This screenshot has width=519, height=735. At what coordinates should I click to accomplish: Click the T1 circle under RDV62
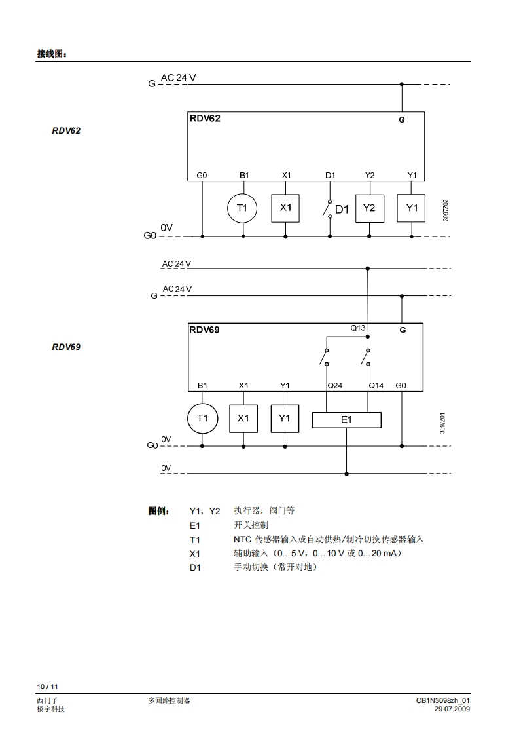click(x=243, y=208)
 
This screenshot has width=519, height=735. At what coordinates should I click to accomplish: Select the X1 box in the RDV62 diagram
click(x=285, y=208)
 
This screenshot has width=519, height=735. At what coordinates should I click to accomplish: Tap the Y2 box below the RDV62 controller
click(x=370, y=208)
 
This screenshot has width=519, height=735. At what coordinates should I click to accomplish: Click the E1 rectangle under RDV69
click(x=346, y=420)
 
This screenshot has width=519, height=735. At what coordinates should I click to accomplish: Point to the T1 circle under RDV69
click(x=202, y=418)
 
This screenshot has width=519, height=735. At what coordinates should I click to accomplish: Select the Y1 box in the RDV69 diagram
click(x=285, y=418)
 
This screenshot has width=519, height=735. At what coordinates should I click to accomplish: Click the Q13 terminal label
click(x=357, y=328)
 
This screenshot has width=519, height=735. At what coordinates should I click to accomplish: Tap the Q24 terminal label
click(x=334, y=385)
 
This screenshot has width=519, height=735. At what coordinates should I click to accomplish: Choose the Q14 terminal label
click(x=376, y=385)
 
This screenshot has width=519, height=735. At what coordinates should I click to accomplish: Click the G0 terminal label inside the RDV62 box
click(x=202, y=175)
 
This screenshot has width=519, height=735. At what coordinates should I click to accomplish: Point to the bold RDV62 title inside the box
click(x=205, y=119)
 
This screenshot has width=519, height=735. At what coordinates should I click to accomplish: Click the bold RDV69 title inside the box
click(x=205, y=330)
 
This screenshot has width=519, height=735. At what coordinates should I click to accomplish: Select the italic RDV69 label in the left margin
click(x=66, y=347)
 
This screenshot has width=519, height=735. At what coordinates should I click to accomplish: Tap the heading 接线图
click(x=52, y=54)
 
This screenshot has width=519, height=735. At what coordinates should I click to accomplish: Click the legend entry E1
click(x=195, y=525)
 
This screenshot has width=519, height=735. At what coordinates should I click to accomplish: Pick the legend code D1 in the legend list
click(x=195, y=567)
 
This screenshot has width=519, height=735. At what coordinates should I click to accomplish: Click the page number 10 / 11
click(x=47, y=687)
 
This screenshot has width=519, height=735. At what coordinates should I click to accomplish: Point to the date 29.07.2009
click(x=452, y=709)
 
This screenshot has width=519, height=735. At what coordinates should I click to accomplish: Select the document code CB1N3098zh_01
click(x=443, y=700)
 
